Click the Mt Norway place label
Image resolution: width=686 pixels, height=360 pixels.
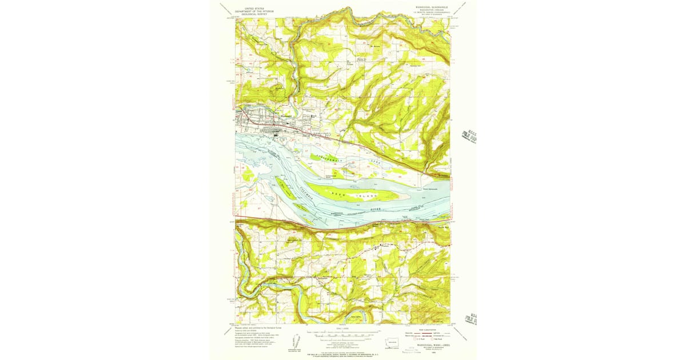(x=376, y=46)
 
